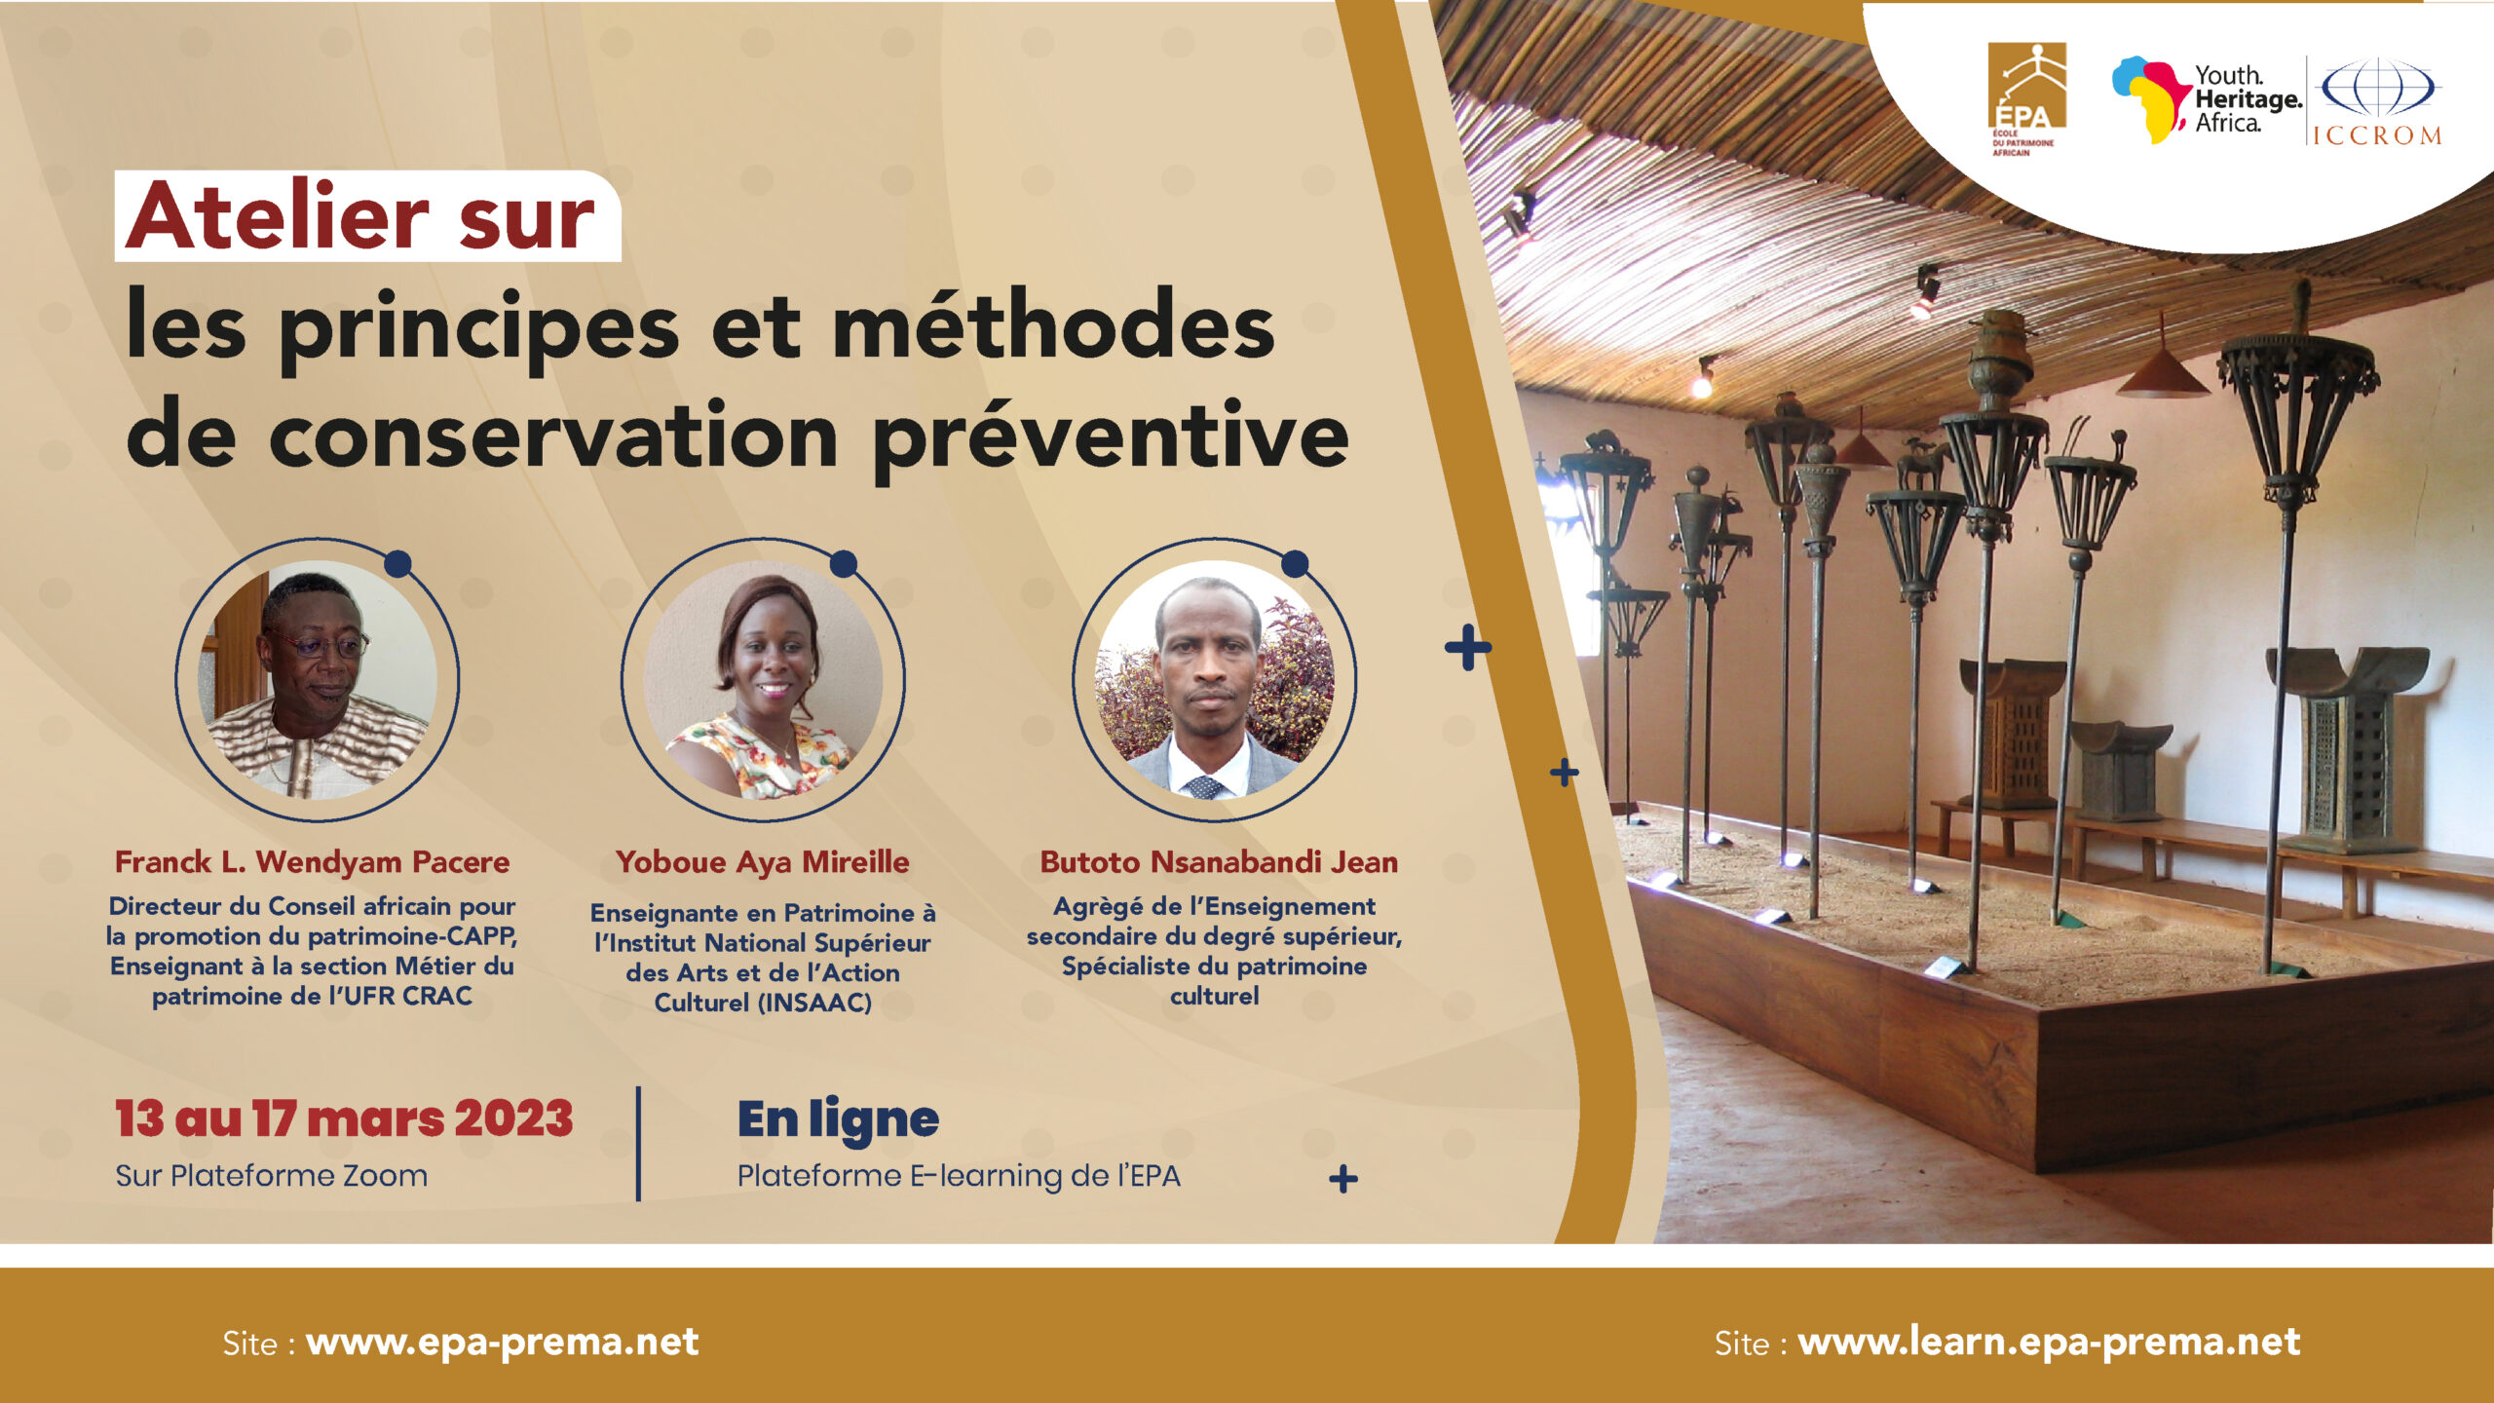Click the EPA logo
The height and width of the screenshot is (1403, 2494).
pyautogui.click(x=2026, y=98)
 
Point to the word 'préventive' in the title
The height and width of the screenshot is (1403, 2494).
pyautogui.click(x=1111, y=438)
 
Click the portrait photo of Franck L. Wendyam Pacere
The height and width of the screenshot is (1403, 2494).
pyautogui.click(x=318, y=680)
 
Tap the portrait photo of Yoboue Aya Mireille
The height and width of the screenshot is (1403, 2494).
pyautogui.click(x=764, y=680)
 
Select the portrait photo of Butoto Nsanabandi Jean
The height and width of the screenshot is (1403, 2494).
pyautogui.click(x=1215, y=680)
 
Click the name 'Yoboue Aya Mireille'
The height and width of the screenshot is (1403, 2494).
pyautogui.click(x=762, y=862)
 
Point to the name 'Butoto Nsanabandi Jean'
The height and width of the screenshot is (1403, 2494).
pyautogui.click(x=1219, y=862)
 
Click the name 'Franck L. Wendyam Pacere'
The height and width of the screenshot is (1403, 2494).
pyautogui.click(x=312, y=862)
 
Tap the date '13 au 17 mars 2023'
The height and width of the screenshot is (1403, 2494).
pyautogui.click(x=344, y=1118)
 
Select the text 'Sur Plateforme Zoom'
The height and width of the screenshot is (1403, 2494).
pyautogui.click(x=271, y=1176)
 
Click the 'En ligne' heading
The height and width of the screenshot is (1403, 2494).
pyautogui.click(x=838, y=1119)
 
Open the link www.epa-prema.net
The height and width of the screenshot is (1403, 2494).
pyautogui.click(x=503, y=1343)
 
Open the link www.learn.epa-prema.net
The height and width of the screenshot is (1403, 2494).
pyautogui.click(x=2049, y=1343)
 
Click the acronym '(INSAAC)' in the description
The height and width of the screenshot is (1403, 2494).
pyautogui.click(x=814, y=1003)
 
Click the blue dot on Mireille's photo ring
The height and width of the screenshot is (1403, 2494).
pyautogui.click(x=844, y=563)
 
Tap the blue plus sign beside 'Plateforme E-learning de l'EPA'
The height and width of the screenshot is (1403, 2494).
pyautogui.click(x=1343, y=1179)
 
